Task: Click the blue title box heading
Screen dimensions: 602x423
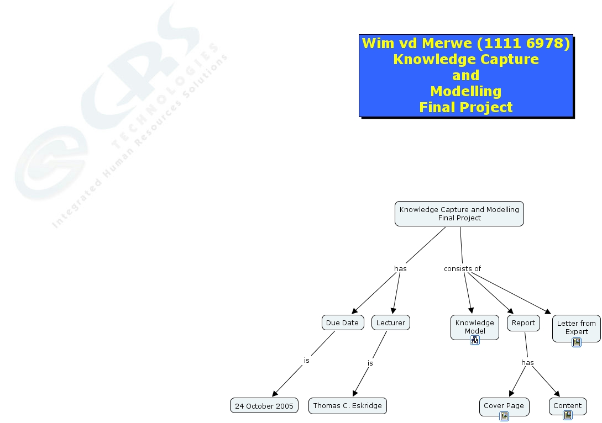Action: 465,75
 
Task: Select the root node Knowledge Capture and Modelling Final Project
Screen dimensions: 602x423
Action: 459,213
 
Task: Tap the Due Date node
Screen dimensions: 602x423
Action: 342,322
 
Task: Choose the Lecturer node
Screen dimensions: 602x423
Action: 390,322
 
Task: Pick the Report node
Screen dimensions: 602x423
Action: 523,322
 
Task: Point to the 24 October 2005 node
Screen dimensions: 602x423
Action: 264,405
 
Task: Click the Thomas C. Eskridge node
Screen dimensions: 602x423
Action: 347,405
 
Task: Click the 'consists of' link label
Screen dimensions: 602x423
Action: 462,269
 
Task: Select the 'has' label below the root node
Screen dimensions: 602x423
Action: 400,269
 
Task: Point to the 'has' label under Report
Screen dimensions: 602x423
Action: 527,363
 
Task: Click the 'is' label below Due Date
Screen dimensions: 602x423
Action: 306,360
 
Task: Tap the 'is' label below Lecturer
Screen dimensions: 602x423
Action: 370,363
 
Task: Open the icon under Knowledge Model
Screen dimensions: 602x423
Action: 475,340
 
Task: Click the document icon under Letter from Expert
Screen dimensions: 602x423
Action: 577,342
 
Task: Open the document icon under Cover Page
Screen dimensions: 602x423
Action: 504,416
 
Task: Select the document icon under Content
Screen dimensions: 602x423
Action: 568,415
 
